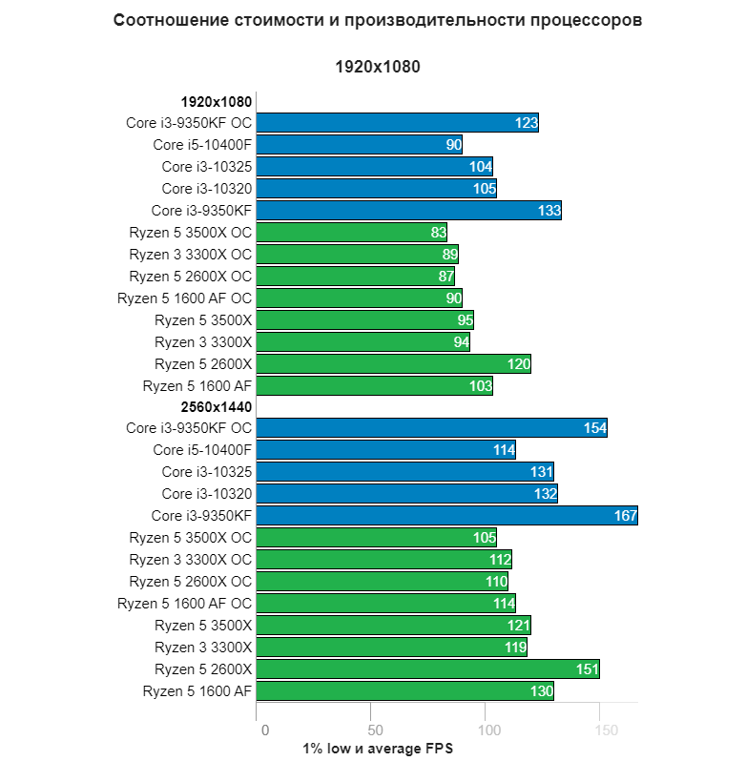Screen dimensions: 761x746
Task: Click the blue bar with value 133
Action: click(408, 211)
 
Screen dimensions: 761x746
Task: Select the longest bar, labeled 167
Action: click(446, 516)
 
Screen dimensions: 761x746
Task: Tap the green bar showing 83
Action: click(351, 233)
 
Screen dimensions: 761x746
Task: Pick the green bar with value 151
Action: click(427, 669)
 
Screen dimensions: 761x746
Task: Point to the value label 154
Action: click(595, 428)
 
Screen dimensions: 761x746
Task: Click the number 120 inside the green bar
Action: click(519, 364)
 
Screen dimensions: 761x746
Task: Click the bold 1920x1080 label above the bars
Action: click(216, 101)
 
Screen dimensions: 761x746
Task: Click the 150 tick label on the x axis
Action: click(605, 730)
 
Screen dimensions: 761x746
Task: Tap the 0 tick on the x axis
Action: click(264, 730)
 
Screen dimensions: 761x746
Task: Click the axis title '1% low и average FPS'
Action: click(378, 749)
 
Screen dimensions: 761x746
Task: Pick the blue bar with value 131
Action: click(405, 472)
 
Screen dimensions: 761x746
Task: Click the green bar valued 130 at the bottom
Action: click(405, 691)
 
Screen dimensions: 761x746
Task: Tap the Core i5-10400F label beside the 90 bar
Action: click(202, 145)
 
